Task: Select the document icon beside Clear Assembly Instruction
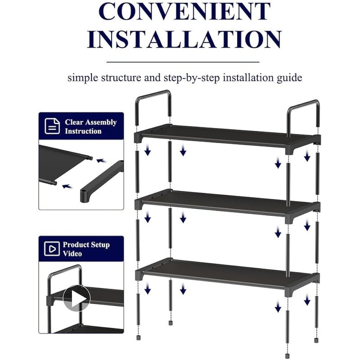(x=52, y=126)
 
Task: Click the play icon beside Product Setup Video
(x=52, y=249)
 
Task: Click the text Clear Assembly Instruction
(x=90, y=126)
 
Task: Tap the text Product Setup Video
(x=85, y=249)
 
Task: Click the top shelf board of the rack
(x=225, y=135)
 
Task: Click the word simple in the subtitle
(x=81, y=78)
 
